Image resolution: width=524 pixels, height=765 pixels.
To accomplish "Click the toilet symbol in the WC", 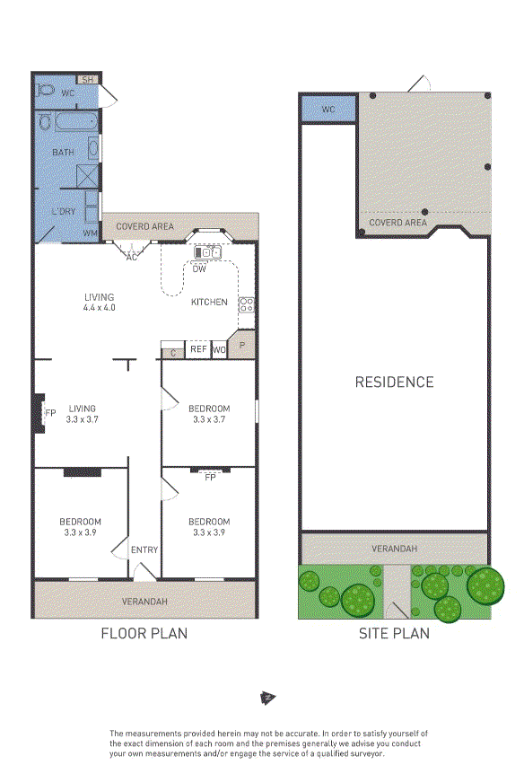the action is click(x=46, y=90).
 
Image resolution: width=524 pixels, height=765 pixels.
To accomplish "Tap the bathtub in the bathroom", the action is click(x=75, y=122).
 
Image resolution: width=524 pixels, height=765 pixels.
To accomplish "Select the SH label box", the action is click(x=88, y=80).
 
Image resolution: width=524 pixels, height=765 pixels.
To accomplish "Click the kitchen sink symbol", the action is click(x=207, y=252).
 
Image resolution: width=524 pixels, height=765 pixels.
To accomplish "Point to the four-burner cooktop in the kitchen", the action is click(x=246, y=305).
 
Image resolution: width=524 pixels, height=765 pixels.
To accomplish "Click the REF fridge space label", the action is click(x=198, y=349).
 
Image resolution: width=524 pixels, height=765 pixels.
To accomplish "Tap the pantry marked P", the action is click(x=241, y=345).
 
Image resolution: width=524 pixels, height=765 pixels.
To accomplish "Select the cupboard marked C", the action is click(x=173, y=353).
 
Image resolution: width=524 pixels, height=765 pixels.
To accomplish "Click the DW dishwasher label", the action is click(x=199, y=268).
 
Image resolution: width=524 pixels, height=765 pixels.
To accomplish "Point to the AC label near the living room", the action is click(x=132, y=257).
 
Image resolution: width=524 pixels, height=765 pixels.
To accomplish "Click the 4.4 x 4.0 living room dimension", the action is click(x=99, y=308).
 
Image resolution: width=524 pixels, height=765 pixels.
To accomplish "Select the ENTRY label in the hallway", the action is click(x=144, y=550).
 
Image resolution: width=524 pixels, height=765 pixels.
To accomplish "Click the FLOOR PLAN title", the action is click(x=144, y=633).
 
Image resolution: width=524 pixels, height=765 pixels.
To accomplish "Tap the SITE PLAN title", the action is click(x=394, y=633).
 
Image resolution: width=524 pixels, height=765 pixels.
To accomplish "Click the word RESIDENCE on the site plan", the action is click(x=394, y=382).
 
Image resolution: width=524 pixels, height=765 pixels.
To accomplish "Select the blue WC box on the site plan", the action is click(x=328, y=109).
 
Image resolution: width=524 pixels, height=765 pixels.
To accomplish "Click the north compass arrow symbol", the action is click(x=268, y=699).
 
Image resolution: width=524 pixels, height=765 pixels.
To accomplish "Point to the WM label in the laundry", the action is click(x=91, y=233).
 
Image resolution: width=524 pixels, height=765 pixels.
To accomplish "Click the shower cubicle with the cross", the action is click(x=88, y=176).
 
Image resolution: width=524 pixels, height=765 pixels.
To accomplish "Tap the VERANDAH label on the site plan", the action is click(x=394, y=549).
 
